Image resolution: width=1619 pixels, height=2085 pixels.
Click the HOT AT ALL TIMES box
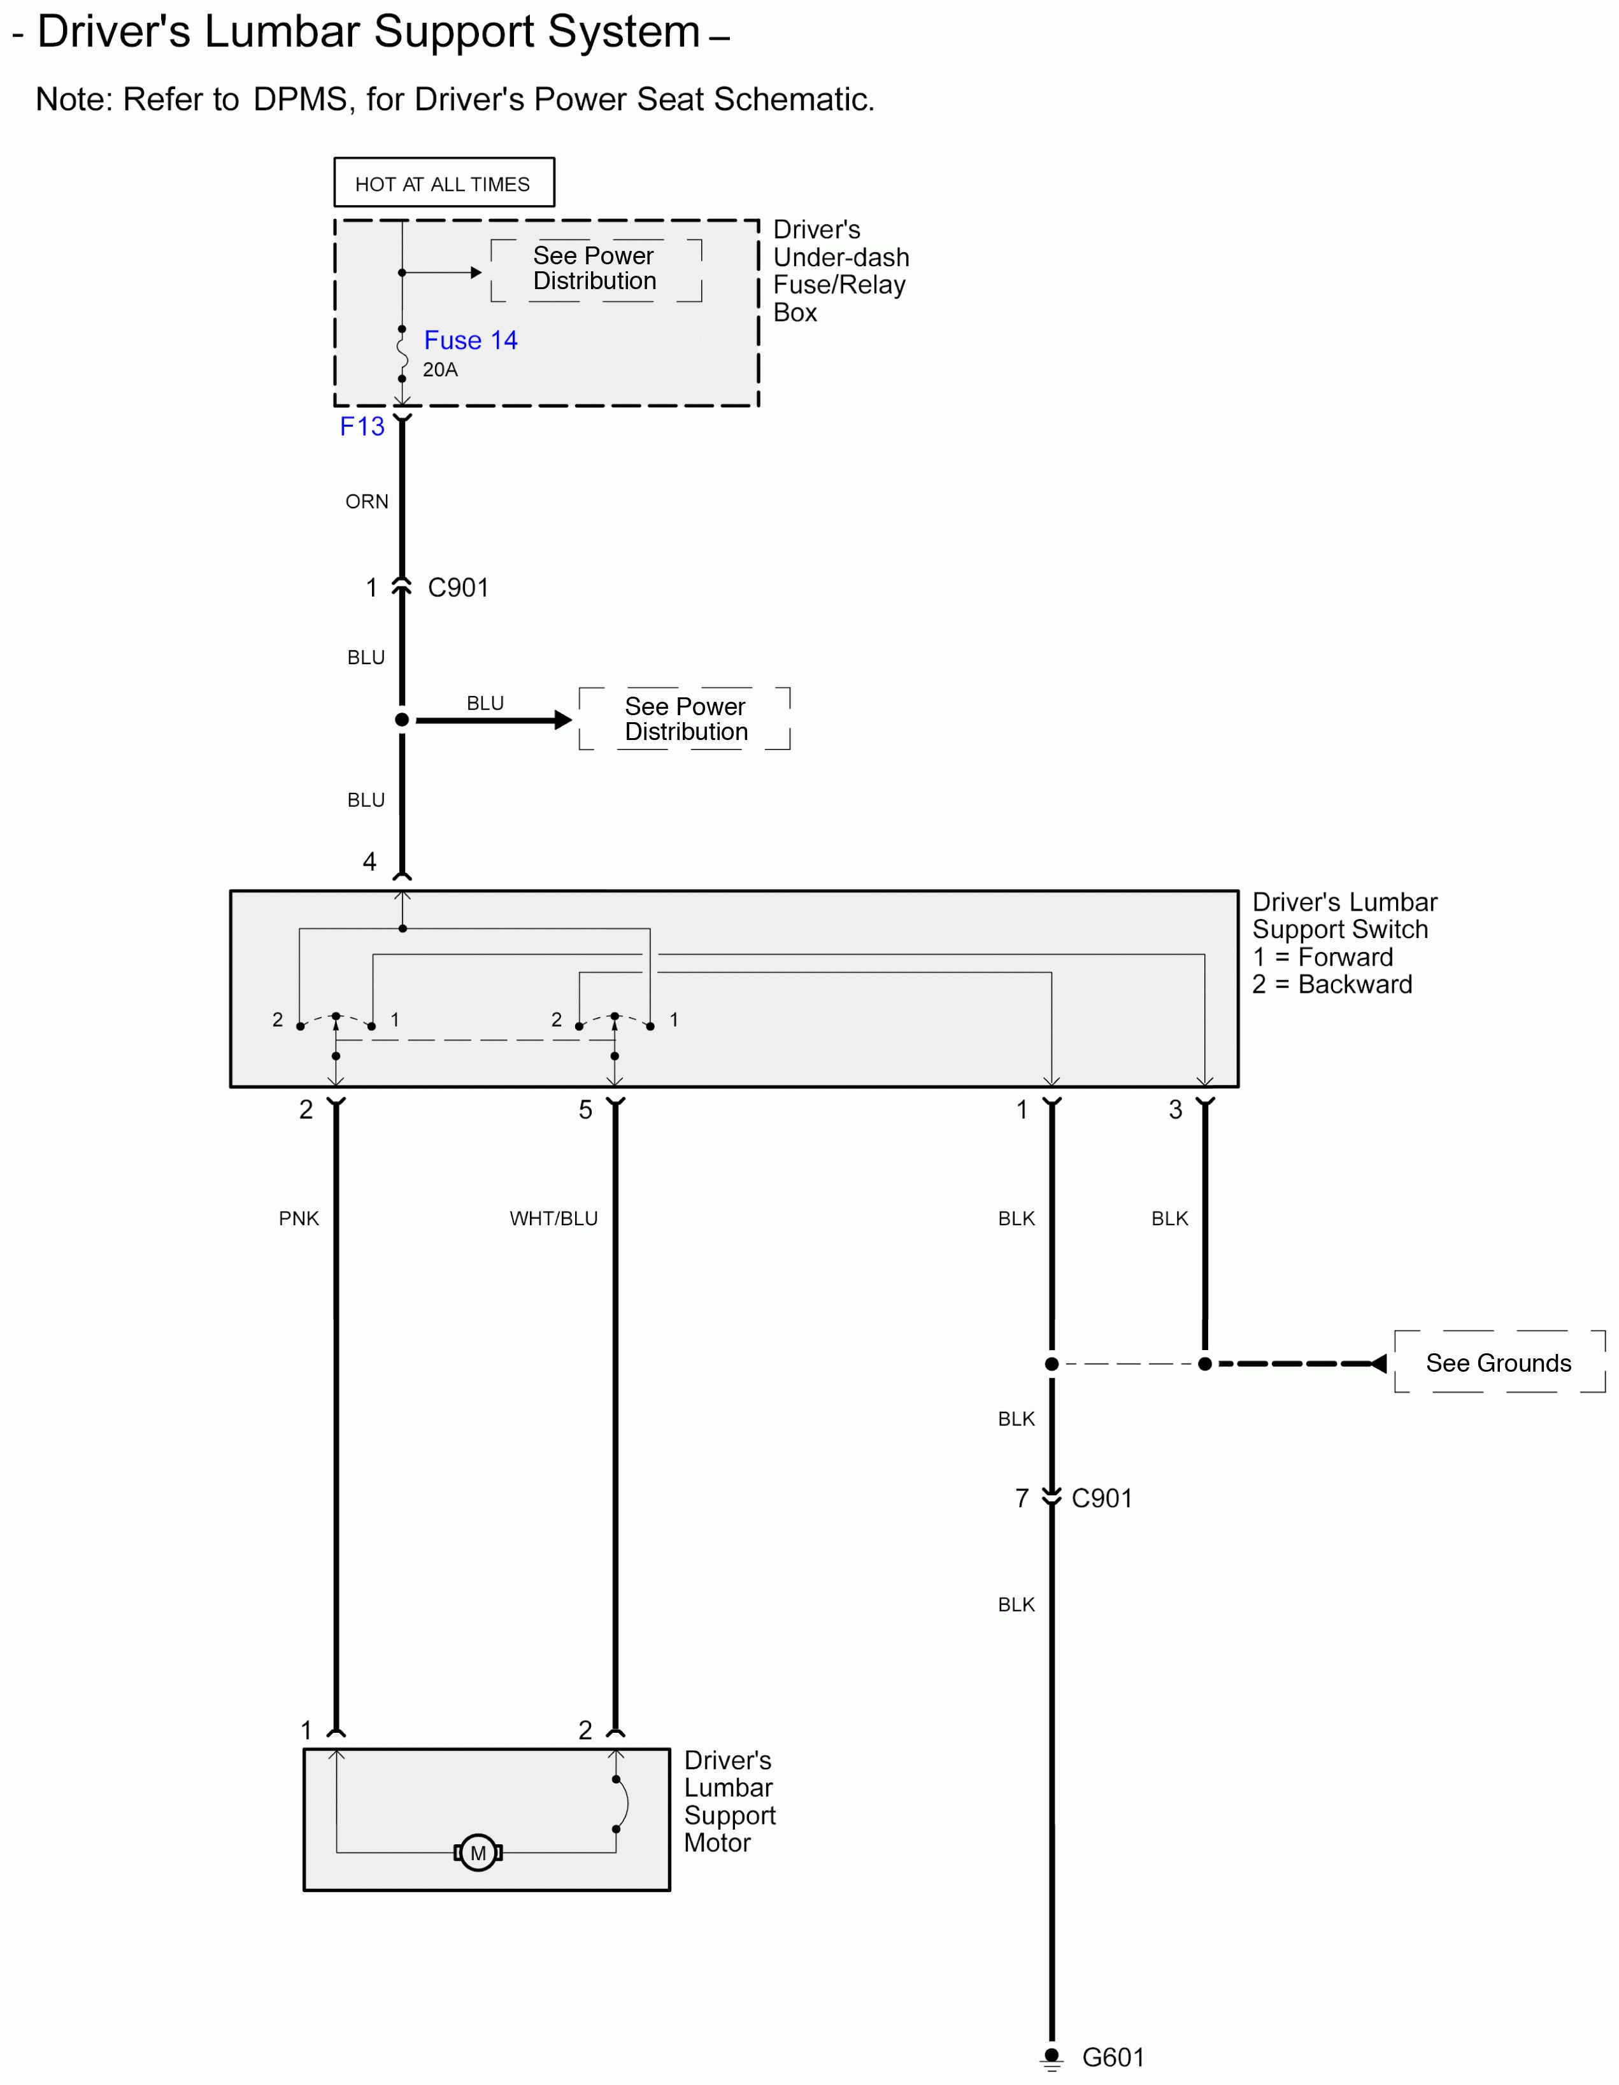coord(444,182)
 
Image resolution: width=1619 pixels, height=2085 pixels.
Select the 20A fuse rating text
coord(440,369)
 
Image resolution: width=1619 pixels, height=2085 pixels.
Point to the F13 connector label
coord(362,426)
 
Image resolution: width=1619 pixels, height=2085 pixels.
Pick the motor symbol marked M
coord(478,1853)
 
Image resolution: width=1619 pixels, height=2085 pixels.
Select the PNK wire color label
coord(299,1218)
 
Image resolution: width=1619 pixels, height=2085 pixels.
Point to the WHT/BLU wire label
coord(553,1218)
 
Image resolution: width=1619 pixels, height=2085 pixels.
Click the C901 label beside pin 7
coord(1102,1498)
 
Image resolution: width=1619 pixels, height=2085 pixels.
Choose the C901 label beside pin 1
coord(458,587)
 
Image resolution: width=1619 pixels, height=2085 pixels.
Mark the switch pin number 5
coord(585,1109)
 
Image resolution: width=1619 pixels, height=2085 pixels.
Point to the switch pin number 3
coord(1175,1109)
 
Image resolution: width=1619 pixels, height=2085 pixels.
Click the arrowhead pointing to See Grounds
coord(1378,1363)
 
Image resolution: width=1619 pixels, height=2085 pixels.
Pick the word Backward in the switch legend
coord(1355,985)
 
